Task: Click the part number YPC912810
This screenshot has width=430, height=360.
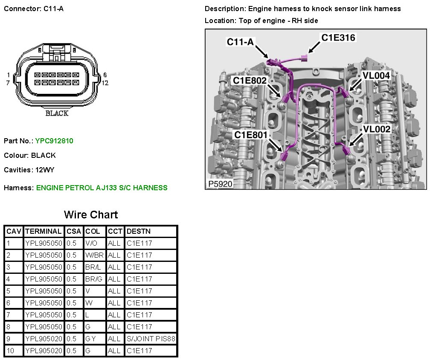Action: tap(54, 141)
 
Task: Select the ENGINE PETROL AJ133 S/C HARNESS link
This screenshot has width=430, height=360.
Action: tap(102, 188)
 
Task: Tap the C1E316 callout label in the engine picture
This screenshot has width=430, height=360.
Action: tap(338, 38)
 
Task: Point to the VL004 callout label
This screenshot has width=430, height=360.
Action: tap(376, 75)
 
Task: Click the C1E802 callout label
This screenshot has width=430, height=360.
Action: tap(250, 80)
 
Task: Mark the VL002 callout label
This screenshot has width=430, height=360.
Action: tap(377, 129)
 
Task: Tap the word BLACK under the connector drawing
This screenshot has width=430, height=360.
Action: tap(57, 113)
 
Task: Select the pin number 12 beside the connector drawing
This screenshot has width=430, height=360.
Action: tap(105, 83)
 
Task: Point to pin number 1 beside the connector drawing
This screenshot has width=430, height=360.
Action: tap(9, 75)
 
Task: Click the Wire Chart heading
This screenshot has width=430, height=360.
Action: tap(91, 215)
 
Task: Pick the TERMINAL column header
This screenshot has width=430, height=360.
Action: tap(43, 231)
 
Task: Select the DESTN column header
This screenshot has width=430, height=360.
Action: tap(138, 231)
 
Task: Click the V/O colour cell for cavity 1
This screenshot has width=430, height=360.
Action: tap(92, 243)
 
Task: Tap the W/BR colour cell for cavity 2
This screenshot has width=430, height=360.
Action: tap(94, 255)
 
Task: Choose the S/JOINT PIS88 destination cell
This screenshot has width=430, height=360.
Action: tap(151, 339)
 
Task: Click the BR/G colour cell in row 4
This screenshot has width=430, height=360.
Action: tap(93, 279)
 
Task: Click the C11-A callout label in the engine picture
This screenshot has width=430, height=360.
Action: tap(241, 42)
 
